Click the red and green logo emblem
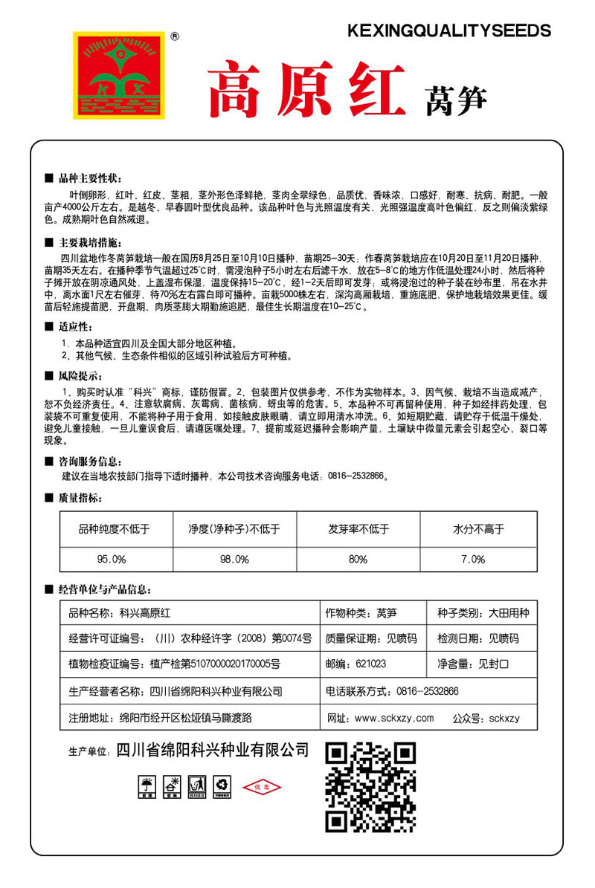[x=118, y=75]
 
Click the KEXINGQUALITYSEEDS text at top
[x=449, y=30]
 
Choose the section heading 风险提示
[x=80, y=373]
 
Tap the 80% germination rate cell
[x=358, y=558]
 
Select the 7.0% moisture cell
[x=473, y=558]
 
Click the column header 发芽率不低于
[x=358, y=529]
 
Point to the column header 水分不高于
[x=478, y=529]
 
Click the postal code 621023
[x=371, y=664]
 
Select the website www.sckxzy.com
[x=394, y=718]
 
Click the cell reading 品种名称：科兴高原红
[x=120, y=613]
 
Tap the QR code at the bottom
[x=370, y=787]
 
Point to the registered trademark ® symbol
[x=174, y=35]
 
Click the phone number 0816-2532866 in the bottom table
[x=422, y=691]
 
